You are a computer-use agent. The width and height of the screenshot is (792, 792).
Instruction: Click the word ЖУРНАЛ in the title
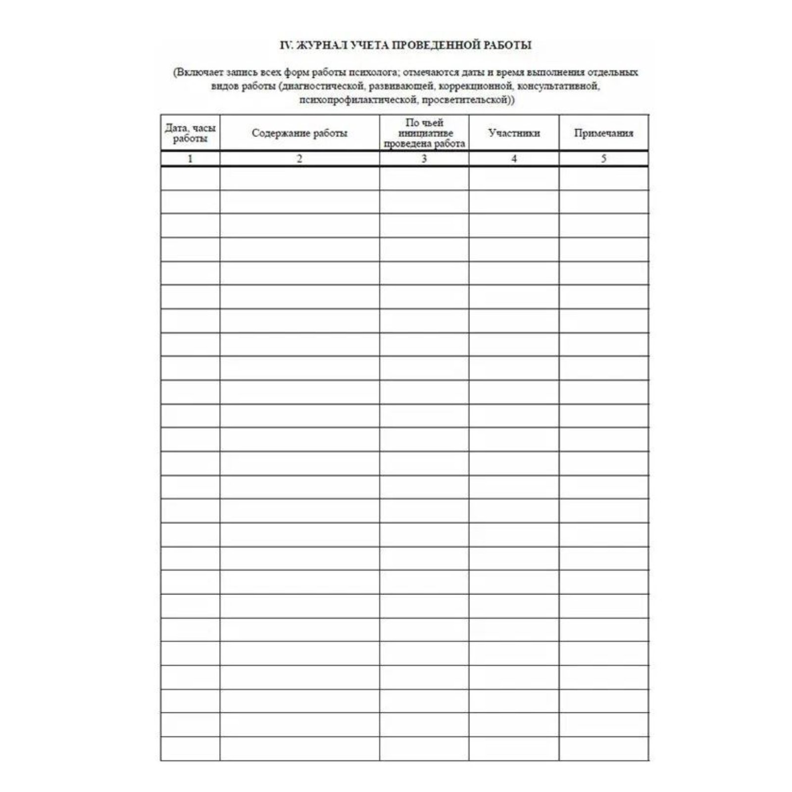pyautogui.click(x=320, y=46)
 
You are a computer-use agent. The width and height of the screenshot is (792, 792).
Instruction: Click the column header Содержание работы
pyautogui.click(x=299, y=133)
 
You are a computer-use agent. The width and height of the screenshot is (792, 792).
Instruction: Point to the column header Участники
pyautogui.click(x=514, y=133)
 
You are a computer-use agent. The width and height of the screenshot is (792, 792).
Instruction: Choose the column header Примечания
pyautogui.click(x=603, y=133)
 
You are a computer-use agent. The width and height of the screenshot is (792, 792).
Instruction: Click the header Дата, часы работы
pyautogui.click(x=190, y=133)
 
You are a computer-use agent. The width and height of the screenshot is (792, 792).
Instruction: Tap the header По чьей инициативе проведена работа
pyautogui.click(x=424, y=133)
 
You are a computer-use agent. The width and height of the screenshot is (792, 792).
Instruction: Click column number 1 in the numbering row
pyautogui.click(x=190, y=159)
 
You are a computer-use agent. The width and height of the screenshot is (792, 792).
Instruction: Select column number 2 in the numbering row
pyautogui.click(x=299, y=159)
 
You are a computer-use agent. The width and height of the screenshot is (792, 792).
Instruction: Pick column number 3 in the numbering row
pyautogui.click(x=424, y=159)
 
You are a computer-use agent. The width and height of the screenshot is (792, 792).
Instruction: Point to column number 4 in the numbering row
pyautogui.click(x=514, y=159)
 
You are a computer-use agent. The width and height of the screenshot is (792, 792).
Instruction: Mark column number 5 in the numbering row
pyautogui.click(x=603, y=159)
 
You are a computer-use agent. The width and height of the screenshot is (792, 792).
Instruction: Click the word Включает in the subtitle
pyautogui.click(x=198, y=73)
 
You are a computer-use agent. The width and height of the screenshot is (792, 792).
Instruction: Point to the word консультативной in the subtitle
pyautogui.click(x=561, y=87)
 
